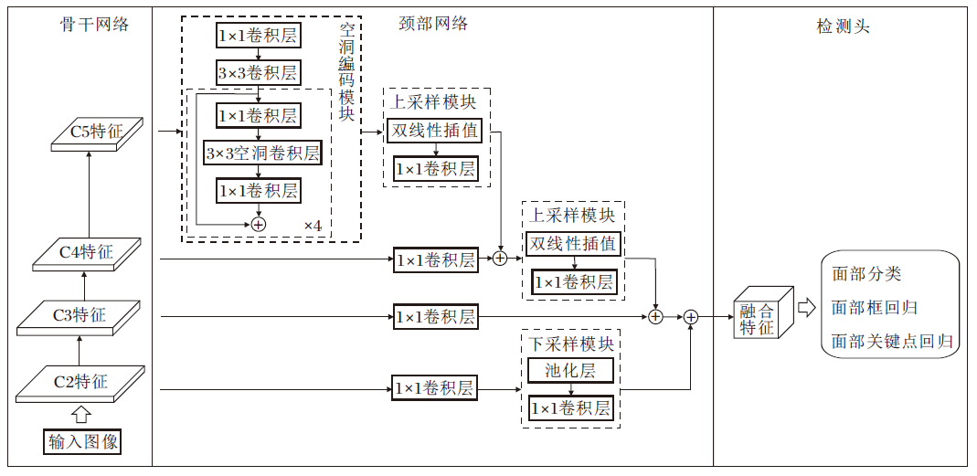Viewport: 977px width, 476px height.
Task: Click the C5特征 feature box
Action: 96,133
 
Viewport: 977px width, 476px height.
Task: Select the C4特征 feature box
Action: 87,253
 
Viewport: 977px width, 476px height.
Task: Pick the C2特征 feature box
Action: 80,382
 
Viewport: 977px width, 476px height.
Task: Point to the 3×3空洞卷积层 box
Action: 262,153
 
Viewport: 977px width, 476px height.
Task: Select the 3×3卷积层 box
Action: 258,73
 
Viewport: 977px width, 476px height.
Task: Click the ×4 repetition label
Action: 313,225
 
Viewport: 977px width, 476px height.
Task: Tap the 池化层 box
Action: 570,370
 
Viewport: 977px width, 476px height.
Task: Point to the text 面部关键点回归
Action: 892,342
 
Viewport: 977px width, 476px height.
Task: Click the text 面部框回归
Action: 875,308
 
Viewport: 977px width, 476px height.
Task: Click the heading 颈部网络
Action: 433,24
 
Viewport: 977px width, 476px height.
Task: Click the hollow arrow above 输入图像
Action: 80,415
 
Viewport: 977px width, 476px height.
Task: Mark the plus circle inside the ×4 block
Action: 259,223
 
